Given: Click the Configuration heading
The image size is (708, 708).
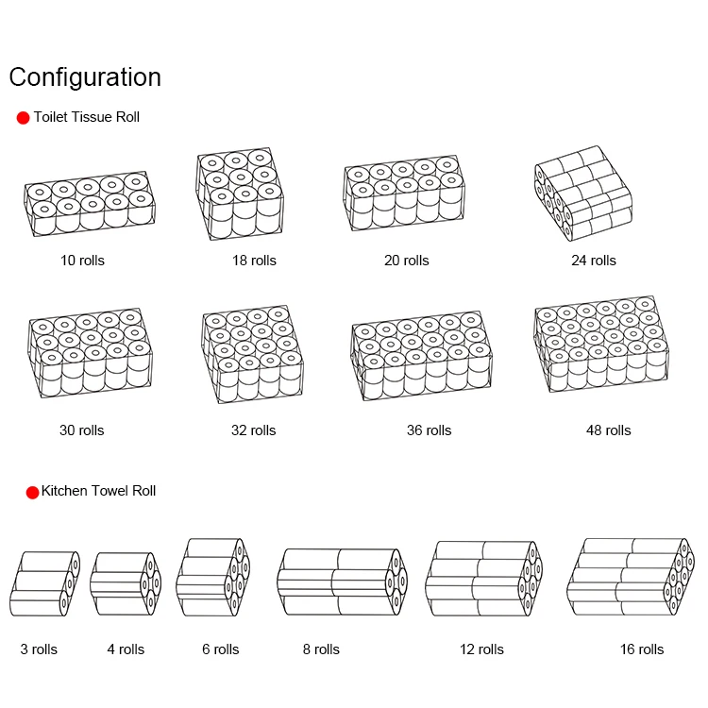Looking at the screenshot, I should point(85,76).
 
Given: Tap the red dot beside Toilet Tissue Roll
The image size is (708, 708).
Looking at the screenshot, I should point(24,118).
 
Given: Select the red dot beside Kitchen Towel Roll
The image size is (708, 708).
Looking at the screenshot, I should point(32,492).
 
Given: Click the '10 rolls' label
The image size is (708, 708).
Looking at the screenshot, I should point(83,260).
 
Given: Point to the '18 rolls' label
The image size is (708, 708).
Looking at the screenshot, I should point(254,260).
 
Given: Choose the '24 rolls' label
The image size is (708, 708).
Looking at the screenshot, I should point(594,260).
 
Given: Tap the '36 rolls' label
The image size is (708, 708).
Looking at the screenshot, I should point(429,430).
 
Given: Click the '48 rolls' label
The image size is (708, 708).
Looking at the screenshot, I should point(608,430).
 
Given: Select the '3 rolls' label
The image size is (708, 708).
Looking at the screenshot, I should point(39,649).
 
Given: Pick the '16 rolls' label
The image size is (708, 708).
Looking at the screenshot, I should point(641,649).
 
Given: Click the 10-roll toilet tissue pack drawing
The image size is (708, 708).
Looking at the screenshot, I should point(88,202).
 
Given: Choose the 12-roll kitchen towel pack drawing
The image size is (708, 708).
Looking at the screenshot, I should point(483,579).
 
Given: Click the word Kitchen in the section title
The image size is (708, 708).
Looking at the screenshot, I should point(64,491).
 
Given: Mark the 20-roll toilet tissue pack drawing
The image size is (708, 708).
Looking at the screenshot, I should point(406,194).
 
